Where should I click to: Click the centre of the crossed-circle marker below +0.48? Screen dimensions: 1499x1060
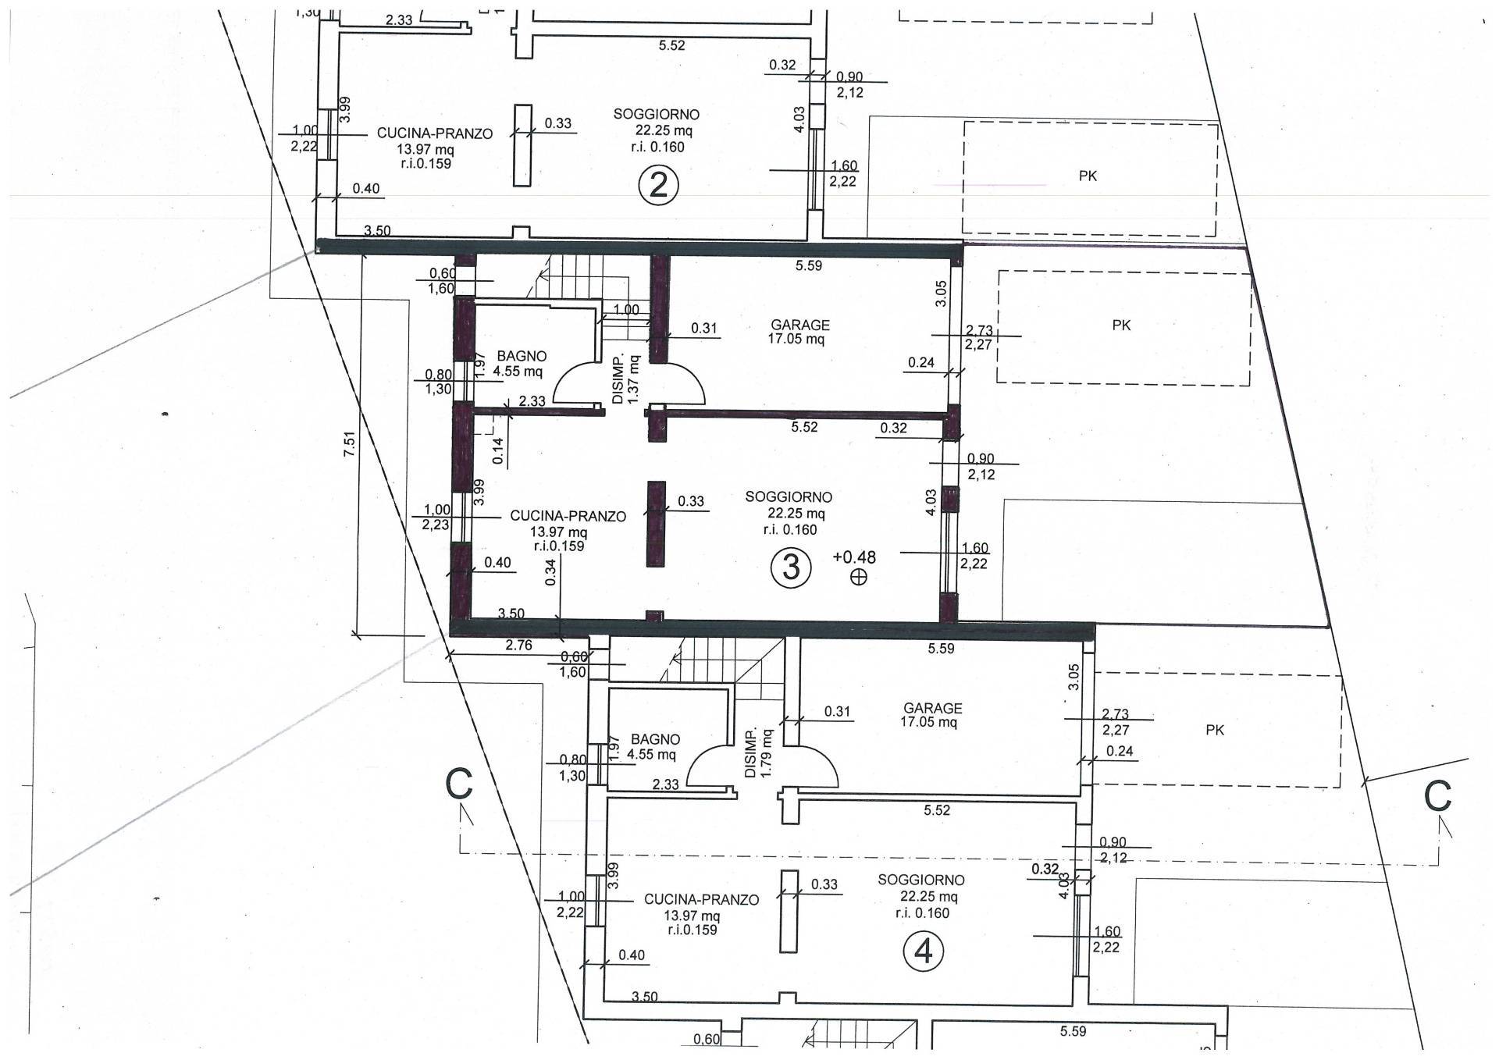(859, 578)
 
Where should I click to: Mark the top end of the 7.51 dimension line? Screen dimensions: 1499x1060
(362, 251)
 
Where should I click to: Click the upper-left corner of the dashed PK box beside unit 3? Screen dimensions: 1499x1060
(999, 271)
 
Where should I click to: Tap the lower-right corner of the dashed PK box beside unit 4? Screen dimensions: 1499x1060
(1341, 787)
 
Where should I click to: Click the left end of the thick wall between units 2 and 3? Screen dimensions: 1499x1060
(317, 247)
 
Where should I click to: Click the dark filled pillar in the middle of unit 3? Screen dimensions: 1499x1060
(656, 524)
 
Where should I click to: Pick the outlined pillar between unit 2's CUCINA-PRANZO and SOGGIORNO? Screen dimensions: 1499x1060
(523, 145)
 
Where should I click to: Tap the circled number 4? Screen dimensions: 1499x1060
(923, 952)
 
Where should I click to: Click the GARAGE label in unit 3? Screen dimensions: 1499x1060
(800, 325)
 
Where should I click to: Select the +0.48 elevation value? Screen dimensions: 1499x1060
(854, 557)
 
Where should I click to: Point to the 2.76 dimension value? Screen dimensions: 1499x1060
(519, 645)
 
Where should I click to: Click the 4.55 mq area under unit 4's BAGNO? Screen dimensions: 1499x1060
(651, 755)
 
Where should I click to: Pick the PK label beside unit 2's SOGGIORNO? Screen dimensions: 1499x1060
(1088, 176)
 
